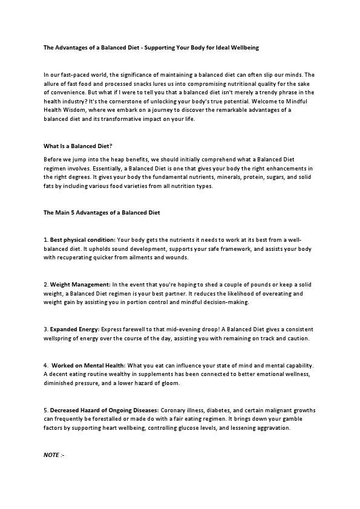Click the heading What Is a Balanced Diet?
(78, 146)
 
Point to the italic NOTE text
(54, 454)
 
